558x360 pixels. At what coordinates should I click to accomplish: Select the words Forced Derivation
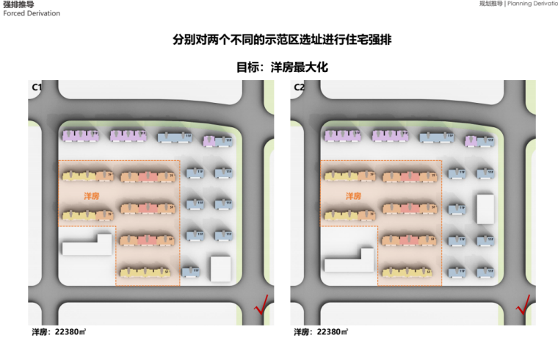[32, 13]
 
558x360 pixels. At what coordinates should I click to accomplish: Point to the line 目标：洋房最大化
[281, 67]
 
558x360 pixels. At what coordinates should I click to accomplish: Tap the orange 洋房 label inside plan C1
[90, 196]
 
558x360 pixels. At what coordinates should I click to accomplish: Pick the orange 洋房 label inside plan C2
[352, 196]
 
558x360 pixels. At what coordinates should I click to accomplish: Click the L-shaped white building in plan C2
[349, 259]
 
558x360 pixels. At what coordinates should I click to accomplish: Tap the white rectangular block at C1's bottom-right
[220, 268]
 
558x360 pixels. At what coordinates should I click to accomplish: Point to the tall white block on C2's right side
[485, 209]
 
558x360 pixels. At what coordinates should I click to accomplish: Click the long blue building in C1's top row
[173, 136]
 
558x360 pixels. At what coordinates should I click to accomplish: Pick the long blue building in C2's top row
[436, 136]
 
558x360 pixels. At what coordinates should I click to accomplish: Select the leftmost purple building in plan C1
[80, 135]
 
